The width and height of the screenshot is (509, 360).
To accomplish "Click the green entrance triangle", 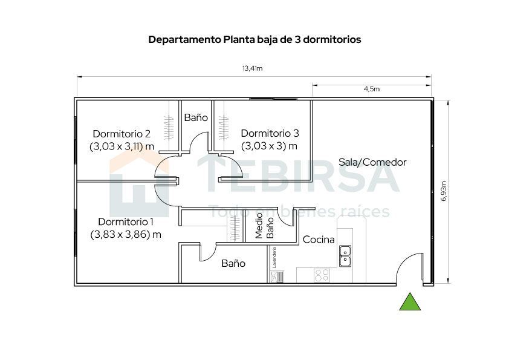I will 410,302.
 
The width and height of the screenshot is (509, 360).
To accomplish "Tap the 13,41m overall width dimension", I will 252,68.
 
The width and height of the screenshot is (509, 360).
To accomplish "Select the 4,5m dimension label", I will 371,89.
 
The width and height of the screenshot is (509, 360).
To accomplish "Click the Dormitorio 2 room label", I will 122,134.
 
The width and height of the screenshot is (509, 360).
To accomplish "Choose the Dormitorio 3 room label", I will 270,134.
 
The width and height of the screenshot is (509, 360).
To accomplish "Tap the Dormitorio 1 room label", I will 126,221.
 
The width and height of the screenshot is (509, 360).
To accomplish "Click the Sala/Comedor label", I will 372,162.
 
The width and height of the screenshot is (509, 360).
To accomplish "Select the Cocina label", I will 319,240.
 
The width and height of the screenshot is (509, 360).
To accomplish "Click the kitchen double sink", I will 345,256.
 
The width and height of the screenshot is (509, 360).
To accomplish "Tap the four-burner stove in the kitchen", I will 322,275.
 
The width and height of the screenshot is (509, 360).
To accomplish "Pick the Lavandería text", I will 274,257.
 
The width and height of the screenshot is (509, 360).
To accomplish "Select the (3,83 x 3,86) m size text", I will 126,234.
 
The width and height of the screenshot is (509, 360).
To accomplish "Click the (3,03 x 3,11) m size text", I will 122,146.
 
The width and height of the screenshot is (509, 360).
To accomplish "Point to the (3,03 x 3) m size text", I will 270,146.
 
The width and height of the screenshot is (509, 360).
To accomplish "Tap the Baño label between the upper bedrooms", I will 196,117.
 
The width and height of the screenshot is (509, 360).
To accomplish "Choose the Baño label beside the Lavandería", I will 233,263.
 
